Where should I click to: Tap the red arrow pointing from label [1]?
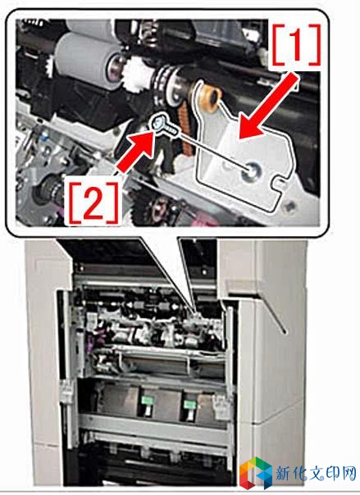(x=270, y=107)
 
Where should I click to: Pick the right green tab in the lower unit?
(x=189, y=405)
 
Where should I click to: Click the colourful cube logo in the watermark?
(x=257, y=472)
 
